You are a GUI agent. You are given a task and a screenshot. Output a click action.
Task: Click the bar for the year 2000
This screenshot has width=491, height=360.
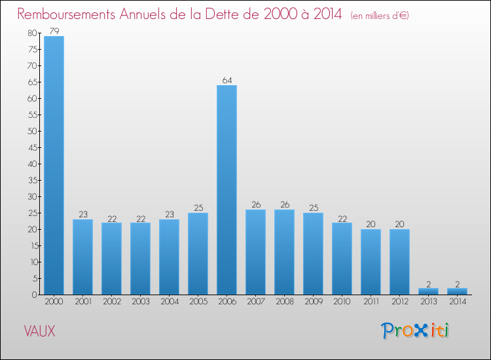tap(54, 165)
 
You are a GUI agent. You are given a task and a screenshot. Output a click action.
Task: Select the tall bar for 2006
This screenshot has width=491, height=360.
tap(227, 190)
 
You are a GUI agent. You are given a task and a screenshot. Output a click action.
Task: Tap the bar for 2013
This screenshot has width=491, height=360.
tap(428, 291)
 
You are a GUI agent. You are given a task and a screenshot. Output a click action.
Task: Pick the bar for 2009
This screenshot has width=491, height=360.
tap(313, 253)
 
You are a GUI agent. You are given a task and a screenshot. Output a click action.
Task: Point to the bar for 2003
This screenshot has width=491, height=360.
tap(140, 259)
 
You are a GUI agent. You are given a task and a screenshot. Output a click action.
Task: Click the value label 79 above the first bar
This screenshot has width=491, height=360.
tap(54, 31)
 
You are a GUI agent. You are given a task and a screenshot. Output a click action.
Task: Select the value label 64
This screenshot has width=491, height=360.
tap(227, 81)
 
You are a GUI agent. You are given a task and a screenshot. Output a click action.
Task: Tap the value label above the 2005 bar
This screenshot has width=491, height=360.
tap(198, 208)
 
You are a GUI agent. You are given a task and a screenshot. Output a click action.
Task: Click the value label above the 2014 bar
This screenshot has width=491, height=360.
tap(457, 283)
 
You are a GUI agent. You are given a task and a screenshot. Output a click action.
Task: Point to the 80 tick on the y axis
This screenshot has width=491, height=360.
tap(31, 33)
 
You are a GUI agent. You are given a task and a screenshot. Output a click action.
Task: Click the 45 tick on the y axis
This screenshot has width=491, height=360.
tap(31, 147)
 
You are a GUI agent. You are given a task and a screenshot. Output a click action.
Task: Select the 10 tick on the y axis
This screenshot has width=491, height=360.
tap(31, 262)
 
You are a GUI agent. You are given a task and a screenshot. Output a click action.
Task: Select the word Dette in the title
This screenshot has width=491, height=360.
tap(239, 14)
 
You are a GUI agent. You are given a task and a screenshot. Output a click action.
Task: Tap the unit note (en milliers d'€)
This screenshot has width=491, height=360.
tap(380, 16)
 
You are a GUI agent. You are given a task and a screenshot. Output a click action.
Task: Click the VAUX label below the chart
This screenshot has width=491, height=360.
tap(40, 331)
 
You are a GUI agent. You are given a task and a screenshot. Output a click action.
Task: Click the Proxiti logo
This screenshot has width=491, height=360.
tap(415, 331)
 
